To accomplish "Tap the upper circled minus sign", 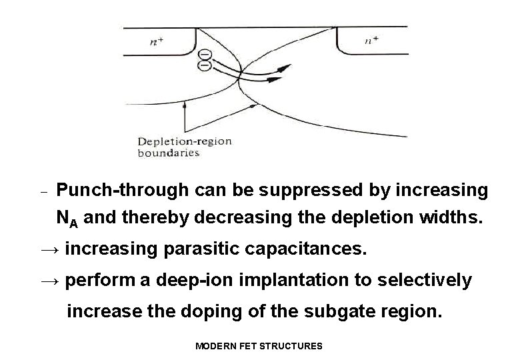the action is click(205, 54).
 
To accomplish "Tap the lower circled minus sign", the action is click(205, 65).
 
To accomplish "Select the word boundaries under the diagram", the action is click(168, 153).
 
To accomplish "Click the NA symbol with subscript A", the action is click(66, 217).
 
